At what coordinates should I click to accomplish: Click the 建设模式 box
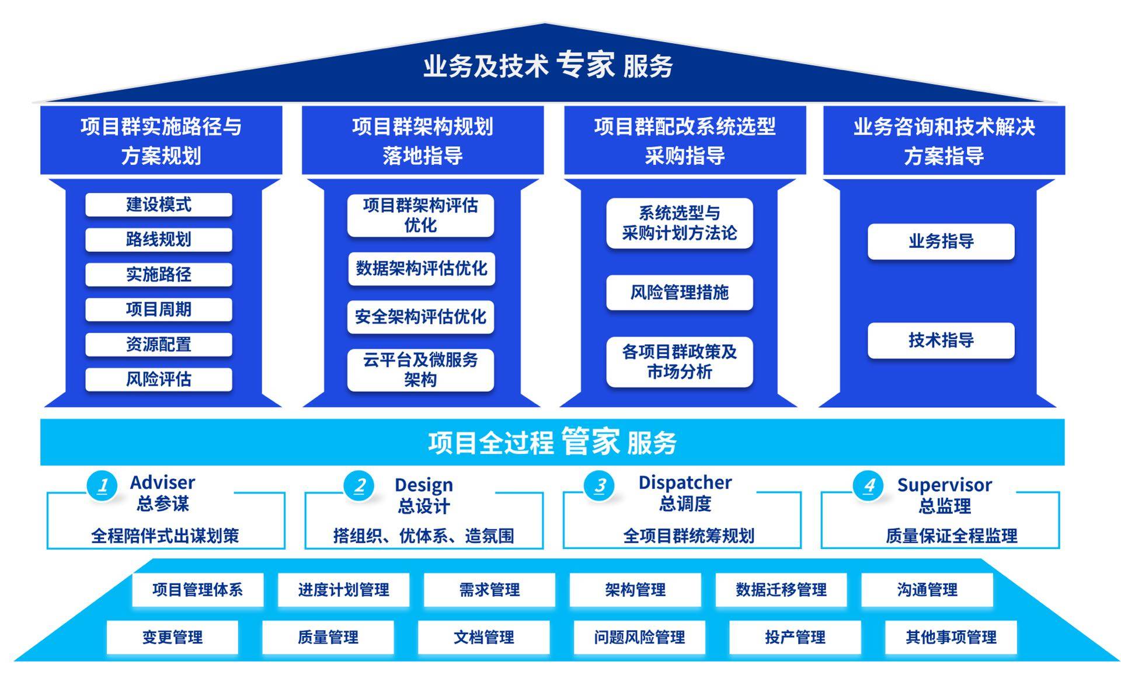tap(158, 205)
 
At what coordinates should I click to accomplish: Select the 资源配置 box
tap(158, 345)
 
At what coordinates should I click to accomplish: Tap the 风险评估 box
tap(158, 380)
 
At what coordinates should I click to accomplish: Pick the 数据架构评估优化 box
tap(421, 268)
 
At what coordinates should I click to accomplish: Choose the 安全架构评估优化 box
tap(420, 317)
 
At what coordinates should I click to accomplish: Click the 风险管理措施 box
tap(679, 292)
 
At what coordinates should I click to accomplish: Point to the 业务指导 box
tap(941, 242)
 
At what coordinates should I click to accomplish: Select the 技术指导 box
tap(941, 340)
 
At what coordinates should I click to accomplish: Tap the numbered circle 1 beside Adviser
tap(103, 485)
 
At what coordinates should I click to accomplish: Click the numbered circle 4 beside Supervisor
tap(869, 485)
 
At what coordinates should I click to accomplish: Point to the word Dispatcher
tap(685, 482)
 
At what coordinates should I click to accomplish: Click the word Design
tap(423, 485)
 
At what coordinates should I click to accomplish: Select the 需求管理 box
tap(489, 590)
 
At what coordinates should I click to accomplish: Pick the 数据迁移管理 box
tap(781, 590)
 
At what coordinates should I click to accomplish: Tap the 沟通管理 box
tap(927, 590)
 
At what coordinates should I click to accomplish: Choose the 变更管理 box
tap(172, 637)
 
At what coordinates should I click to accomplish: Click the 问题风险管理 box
tap(639, 637)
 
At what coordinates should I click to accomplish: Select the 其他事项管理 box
tap(951, 637)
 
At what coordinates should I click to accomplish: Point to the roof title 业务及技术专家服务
tap(548, 65)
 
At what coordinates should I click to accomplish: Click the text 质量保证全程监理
tap(951, 536)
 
